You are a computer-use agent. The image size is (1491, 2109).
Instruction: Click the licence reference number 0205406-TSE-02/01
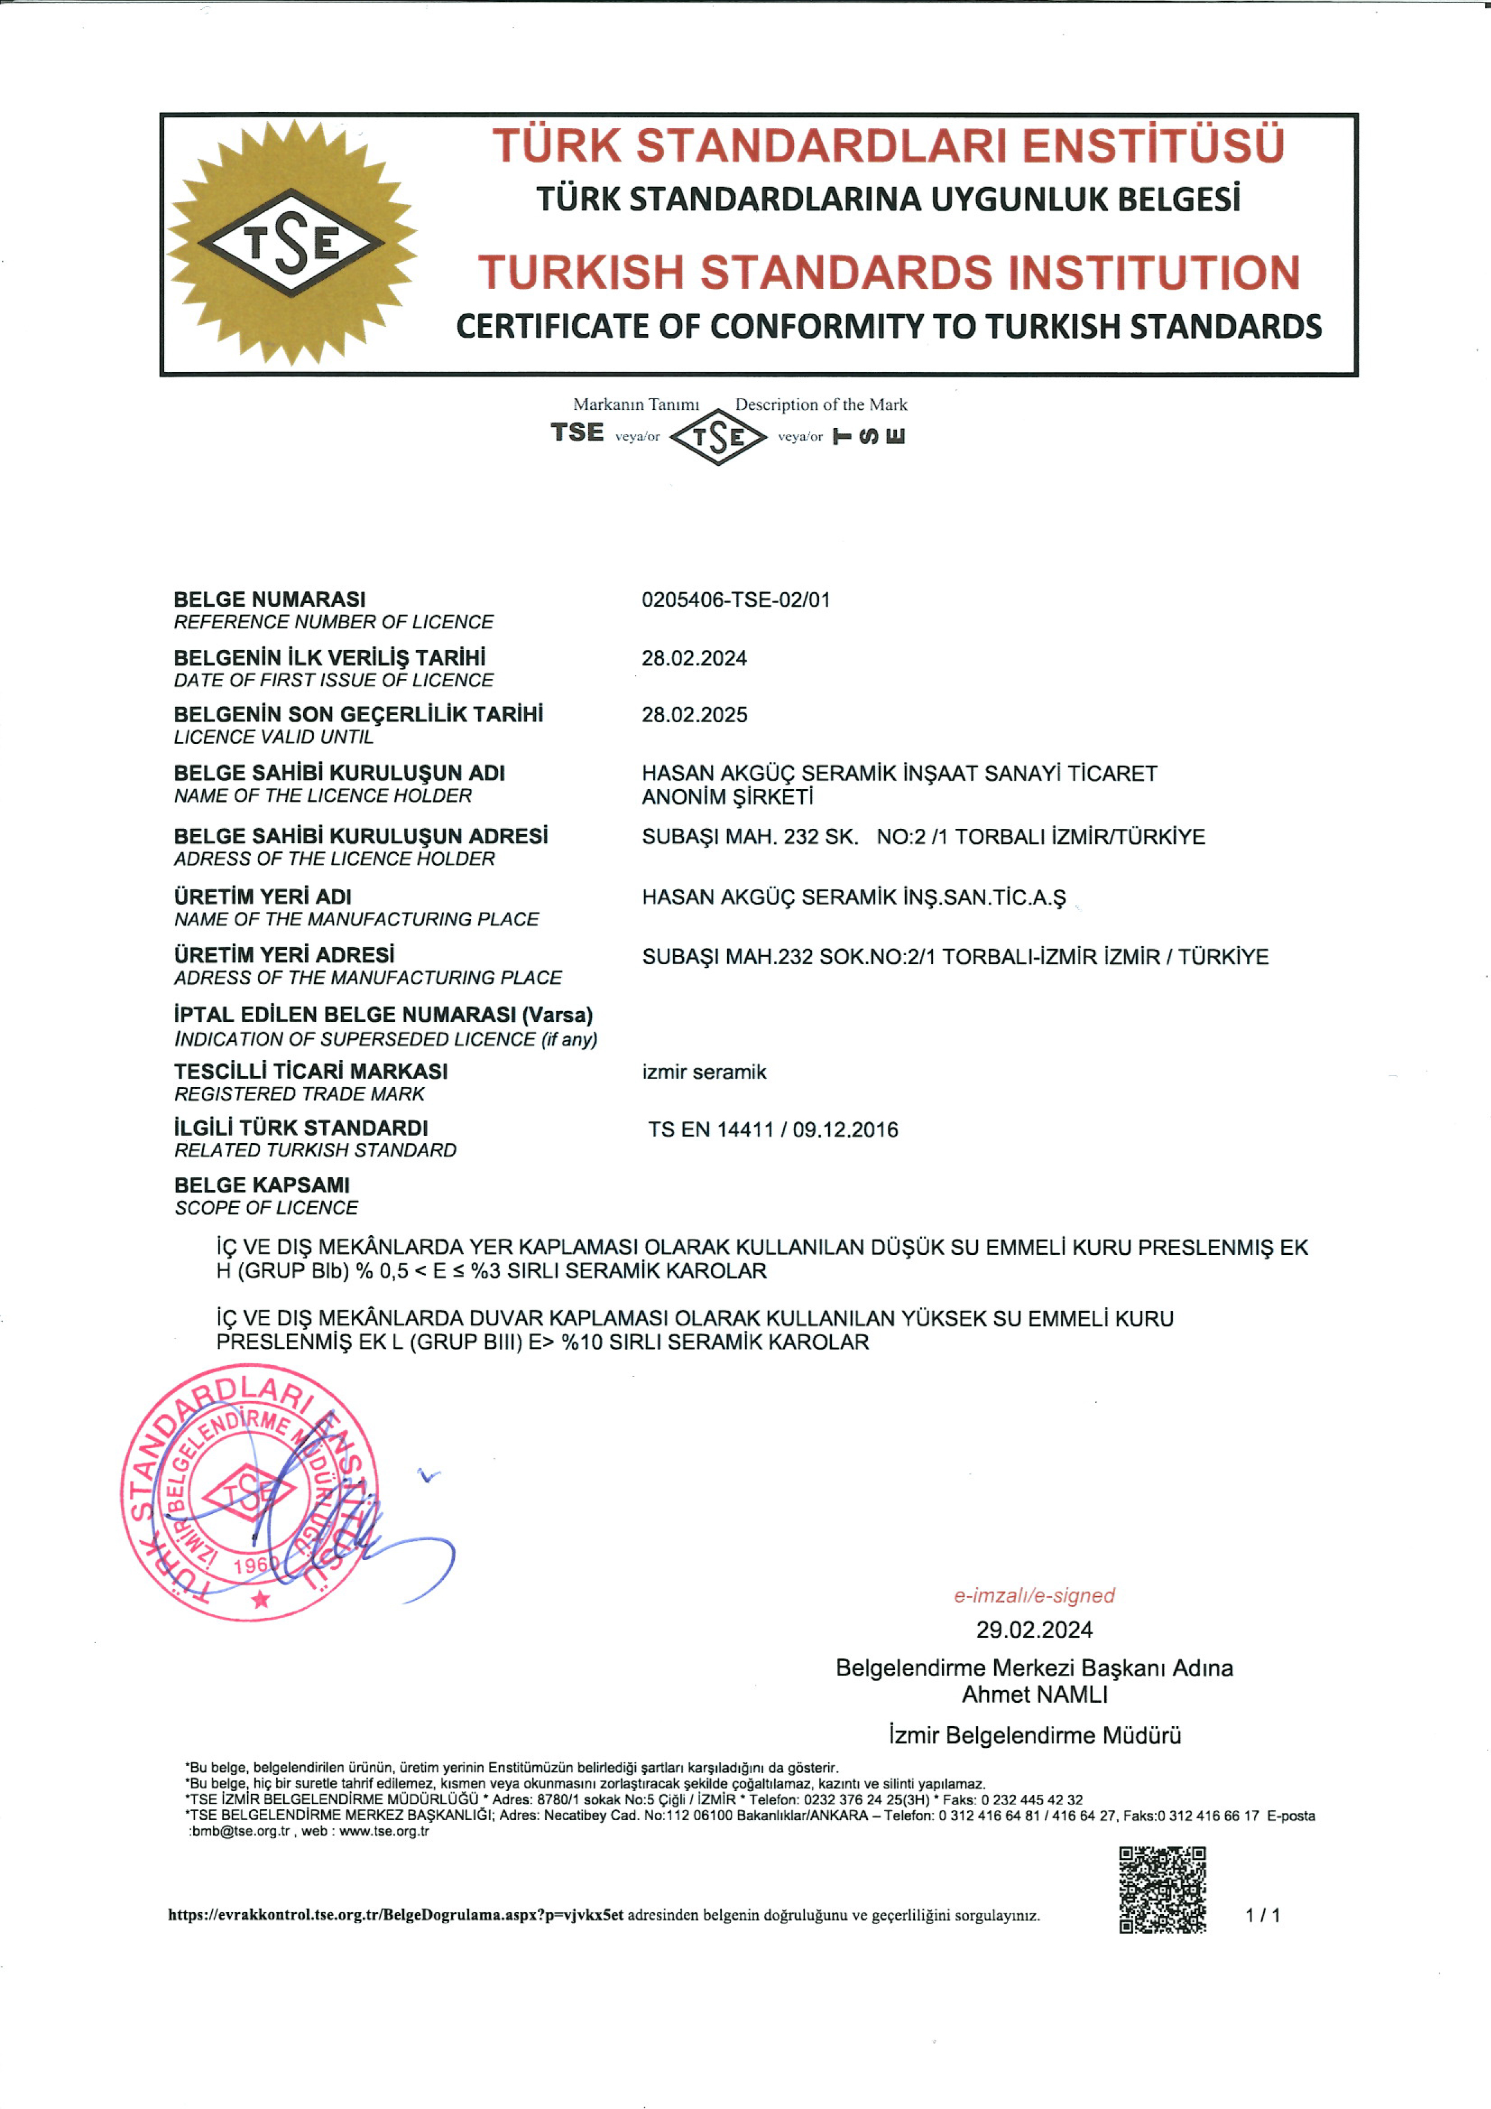point(736,600)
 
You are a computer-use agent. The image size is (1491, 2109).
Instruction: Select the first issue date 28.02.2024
point(694,658)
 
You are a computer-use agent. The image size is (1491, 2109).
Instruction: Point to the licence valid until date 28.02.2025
point(694,714)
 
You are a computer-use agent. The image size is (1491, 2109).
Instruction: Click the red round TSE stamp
point(250,1493)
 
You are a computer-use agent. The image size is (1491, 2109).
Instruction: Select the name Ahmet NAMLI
point(1034,1694)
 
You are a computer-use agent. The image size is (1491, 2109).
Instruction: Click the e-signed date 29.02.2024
point(1034,1629)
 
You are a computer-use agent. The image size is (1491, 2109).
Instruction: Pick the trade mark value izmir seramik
point(704,1072)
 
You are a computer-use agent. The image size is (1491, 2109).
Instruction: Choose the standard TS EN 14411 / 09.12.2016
point(773,1130)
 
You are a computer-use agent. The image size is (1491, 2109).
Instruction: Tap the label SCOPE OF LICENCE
point(266,1208)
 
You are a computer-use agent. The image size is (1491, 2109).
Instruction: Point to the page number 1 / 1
point(1262,1915)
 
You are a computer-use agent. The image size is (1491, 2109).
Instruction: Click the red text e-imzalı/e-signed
point(1034,1596)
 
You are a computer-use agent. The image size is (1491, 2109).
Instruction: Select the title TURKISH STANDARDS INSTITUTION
point(889,273)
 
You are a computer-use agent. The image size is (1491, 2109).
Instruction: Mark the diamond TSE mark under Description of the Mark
point(718,437)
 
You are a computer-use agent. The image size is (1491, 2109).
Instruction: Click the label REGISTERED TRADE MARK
point(300,1094)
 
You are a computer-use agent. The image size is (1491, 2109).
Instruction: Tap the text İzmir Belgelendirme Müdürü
point(1034,1735)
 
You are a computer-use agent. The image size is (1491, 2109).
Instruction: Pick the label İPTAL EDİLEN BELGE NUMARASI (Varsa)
point(384,1015)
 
